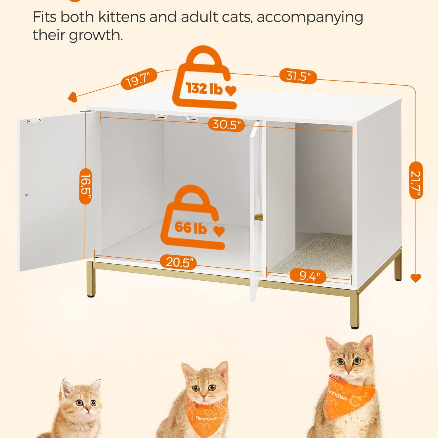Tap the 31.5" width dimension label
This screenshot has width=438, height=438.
pos(298,76)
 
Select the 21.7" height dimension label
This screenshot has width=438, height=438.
pos(416,180)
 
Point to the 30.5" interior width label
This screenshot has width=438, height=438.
pos(226,124)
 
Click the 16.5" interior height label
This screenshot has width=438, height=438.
pos(86,186)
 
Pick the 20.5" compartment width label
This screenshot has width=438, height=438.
pos(178,262)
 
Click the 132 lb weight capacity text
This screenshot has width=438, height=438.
pos(204,88)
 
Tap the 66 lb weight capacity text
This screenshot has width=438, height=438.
pos(191,227)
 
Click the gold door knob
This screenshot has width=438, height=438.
pos(259,217)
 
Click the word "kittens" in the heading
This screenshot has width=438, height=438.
pos(122,17)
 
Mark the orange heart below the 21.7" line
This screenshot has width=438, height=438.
pos(416,278)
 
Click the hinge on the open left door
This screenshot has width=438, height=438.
pos(34,120)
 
